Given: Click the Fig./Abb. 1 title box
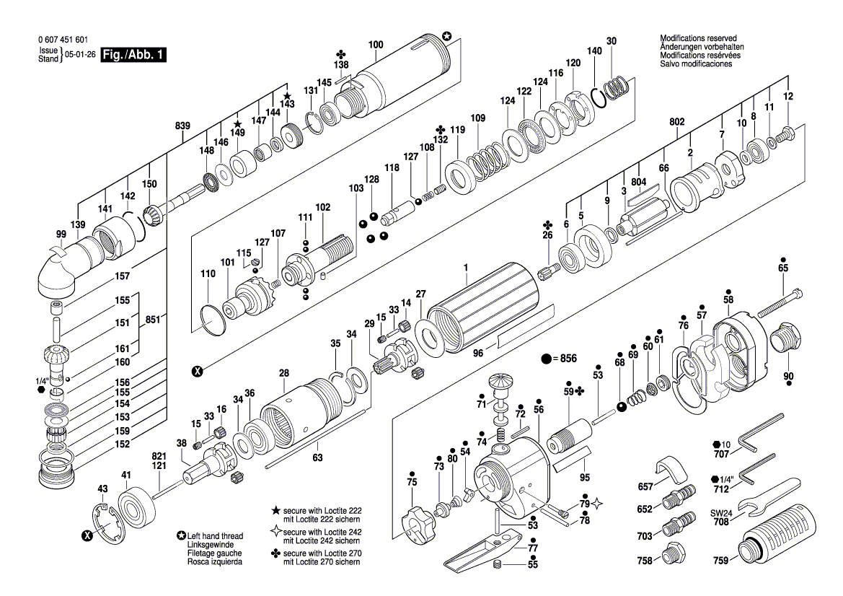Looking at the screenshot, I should (x=133, y=55).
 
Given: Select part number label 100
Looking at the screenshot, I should (x=376, y=45).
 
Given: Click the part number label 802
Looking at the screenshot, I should (x=676, y=123).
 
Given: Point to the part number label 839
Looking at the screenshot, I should (x=182, y=126).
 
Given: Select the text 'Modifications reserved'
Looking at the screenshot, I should (x=698, y=38).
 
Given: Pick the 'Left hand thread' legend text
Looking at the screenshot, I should (x=215, y=536).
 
